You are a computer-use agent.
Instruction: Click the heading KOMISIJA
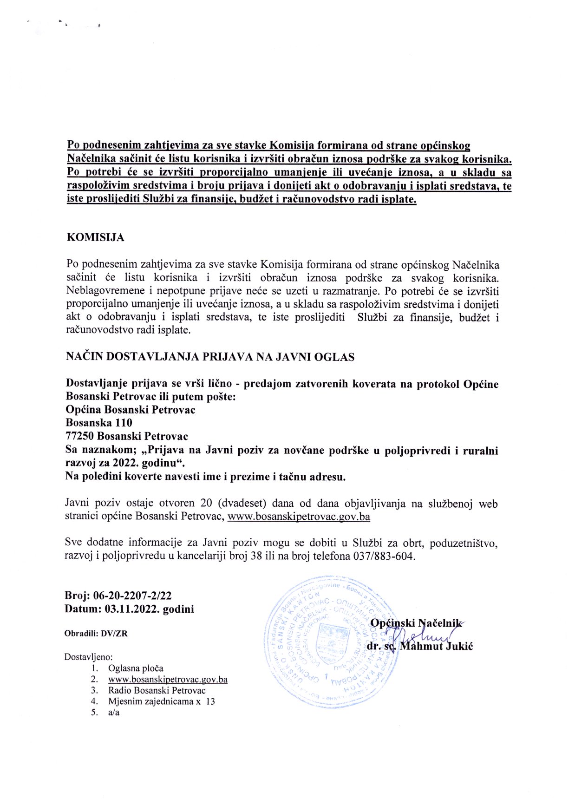tap(95, 237)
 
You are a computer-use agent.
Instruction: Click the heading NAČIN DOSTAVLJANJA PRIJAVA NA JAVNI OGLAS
tap(210, 357)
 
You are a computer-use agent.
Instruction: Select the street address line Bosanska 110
tap(99, 423)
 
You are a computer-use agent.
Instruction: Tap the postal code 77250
tap(80, 436)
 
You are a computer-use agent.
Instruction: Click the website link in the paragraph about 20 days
tap(299, 517)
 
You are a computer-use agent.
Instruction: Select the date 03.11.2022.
tap(132, 609)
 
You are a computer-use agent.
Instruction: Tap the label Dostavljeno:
tap(88, 657)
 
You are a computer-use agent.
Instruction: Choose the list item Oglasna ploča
tap(136, 668)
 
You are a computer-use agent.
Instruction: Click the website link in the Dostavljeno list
tap(168, 679)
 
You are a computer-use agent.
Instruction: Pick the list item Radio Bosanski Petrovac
tap(157, 690)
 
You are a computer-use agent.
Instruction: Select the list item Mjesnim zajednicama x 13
tap(162, 701)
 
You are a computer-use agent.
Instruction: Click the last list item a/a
tap(114, 712)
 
